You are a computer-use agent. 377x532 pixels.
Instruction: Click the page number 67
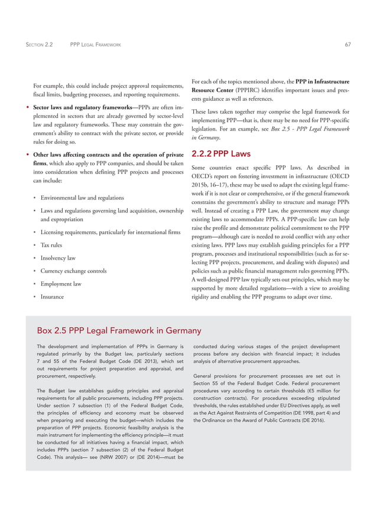[347, 44]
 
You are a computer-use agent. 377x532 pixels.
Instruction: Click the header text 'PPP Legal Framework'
[95, 44]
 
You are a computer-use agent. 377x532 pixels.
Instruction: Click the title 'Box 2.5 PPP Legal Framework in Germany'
[119, 330]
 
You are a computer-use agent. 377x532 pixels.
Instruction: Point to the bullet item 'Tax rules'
[51, 245]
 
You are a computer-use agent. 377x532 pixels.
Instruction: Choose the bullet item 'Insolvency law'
[58, 258]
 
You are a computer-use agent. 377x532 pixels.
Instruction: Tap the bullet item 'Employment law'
[61, 284]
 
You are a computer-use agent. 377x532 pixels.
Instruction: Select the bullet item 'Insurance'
[52, 297]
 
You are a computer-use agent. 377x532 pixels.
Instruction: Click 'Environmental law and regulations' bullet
[82, 198]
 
